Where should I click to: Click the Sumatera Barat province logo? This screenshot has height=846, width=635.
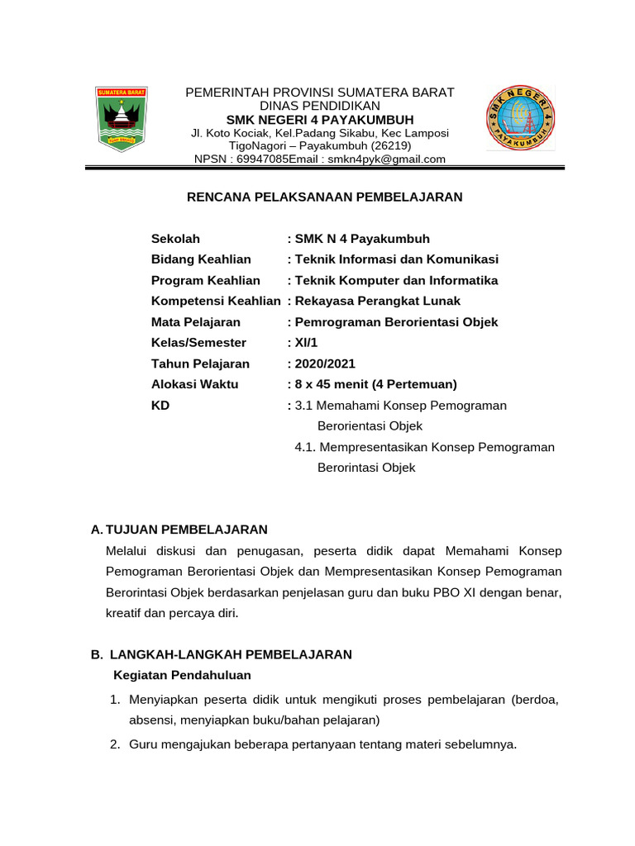(121, 117)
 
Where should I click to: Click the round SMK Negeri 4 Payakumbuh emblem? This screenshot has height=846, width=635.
(520, 117)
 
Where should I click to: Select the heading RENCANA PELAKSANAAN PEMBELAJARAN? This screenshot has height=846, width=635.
(324, 197)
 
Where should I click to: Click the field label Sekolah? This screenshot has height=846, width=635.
(175, 239)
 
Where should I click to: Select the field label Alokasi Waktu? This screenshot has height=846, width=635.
(194, 384)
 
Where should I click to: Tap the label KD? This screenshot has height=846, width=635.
(160, 405)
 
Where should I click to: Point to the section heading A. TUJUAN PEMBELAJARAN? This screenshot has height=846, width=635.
(179, 529)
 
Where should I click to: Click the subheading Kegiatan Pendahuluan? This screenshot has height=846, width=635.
(182, 675)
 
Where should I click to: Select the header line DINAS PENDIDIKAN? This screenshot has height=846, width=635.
(320, 106)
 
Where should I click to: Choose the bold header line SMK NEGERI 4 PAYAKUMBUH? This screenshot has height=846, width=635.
(320, 120)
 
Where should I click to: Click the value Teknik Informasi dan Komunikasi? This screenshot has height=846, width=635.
(396, 259)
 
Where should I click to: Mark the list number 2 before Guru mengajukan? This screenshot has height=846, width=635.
(115, 744)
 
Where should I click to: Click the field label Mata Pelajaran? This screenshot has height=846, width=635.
(196, 321)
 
